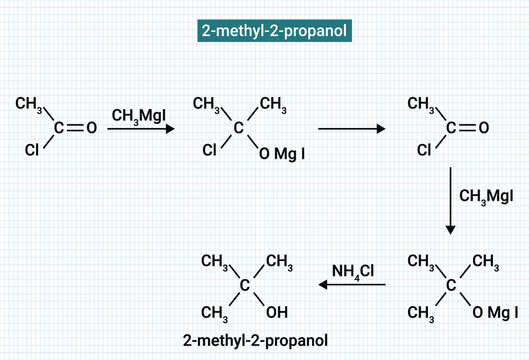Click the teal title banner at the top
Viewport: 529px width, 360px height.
tap(264, 31)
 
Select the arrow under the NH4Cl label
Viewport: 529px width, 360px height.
tap(353, 286)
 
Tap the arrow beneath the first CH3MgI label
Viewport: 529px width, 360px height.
tap(140, 129)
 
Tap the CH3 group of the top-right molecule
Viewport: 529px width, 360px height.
tap(422, 103)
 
